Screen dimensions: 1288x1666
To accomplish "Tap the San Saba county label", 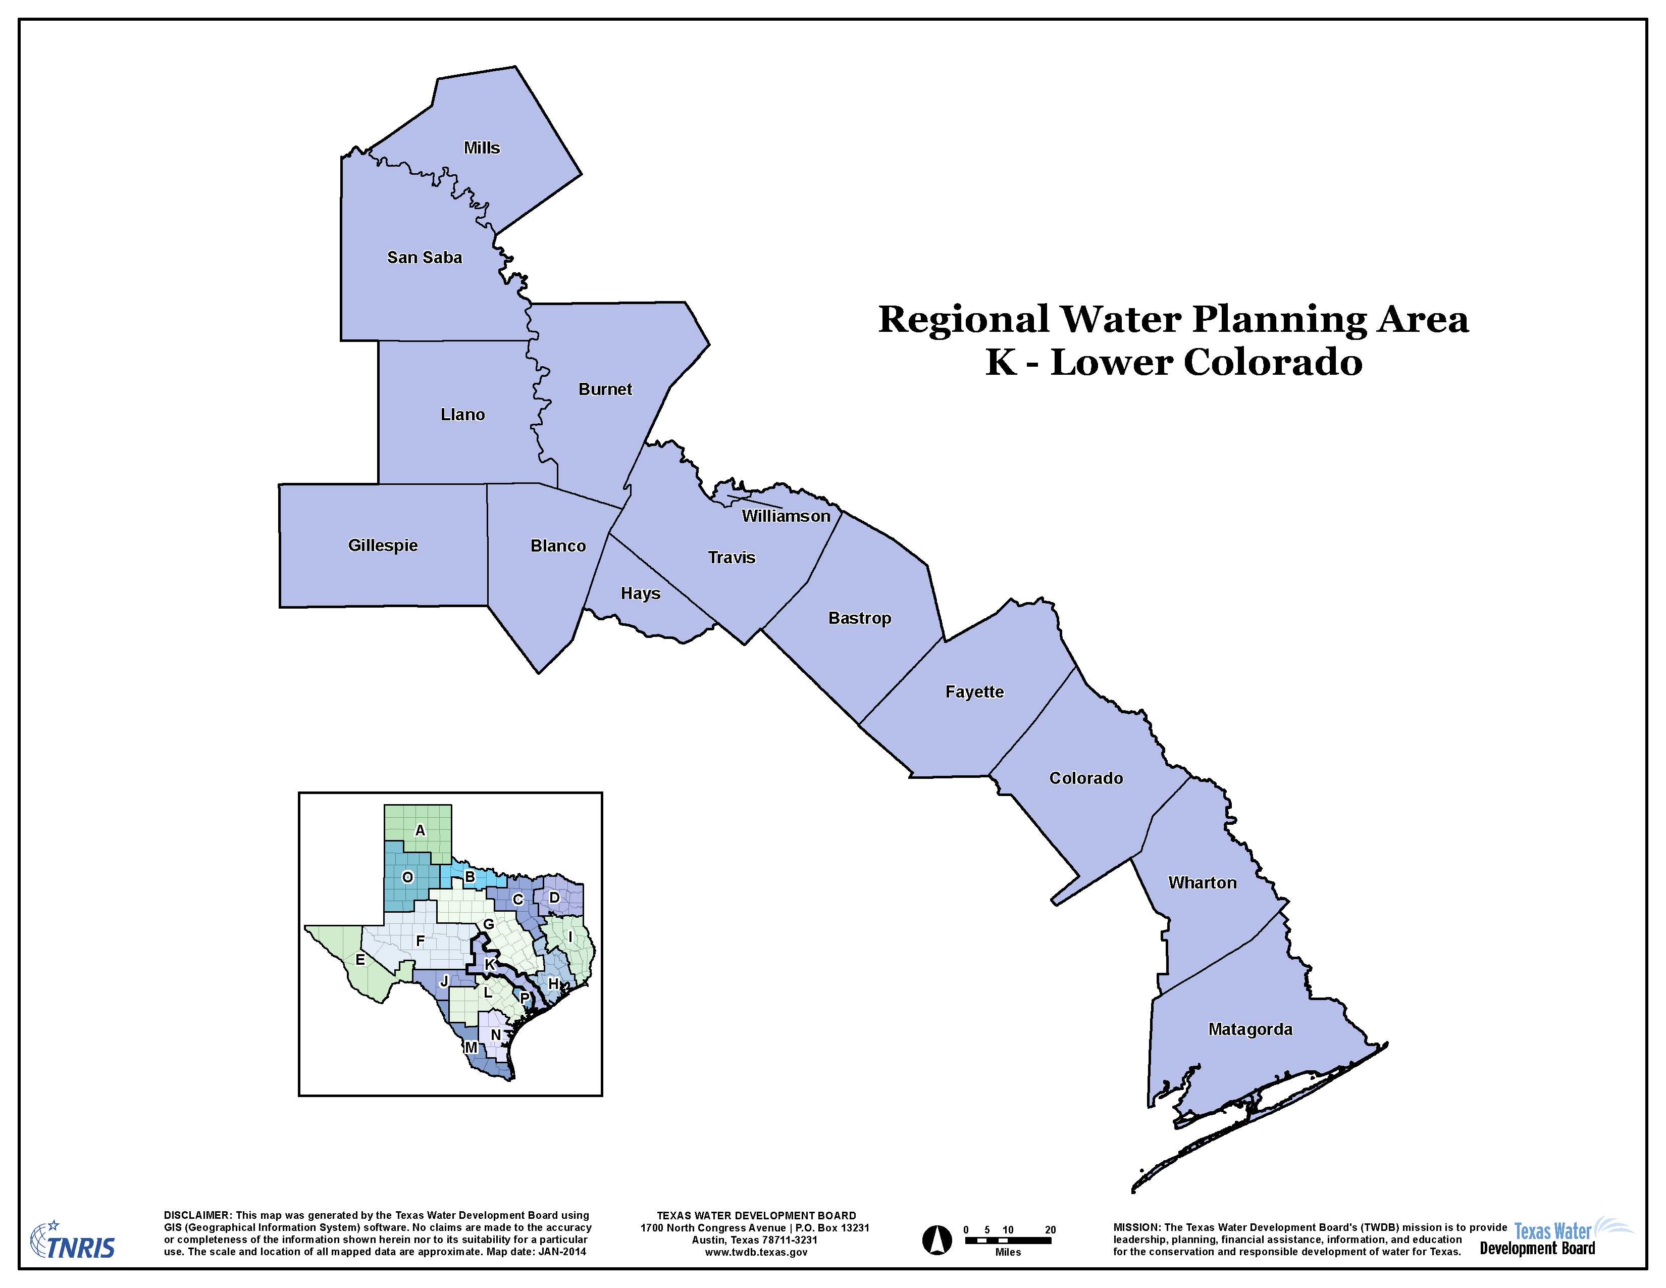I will (424, 258).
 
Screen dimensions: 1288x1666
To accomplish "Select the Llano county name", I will (462, 415).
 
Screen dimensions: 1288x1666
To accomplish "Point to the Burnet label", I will (605, 390).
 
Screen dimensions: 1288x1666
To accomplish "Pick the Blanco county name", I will (558, 547).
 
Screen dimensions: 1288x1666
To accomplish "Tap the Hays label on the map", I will (640, 593).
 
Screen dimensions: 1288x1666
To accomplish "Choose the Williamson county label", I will (786, 517).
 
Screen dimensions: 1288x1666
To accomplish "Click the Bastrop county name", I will (860, 619).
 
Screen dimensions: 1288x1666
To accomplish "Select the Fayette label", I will (974, 692).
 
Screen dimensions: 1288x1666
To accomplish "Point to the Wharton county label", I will (1202, 883).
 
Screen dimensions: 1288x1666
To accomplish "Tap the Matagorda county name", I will (1251, 1029).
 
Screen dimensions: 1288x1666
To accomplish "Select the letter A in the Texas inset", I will (420, 830).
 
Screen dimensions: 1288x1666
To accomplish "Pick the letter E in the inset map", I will (360, 960).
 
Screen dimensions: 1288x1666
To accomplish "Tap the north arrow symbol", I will (938, 1240).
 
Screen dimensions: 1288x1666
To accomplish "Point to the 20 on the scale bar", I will (1051, 1230).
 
